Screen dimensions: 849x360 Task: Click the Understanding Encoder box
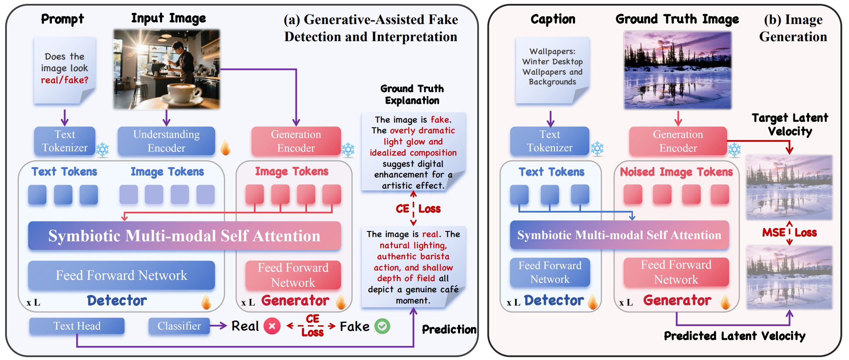pyautogui.click(x=166, y=141)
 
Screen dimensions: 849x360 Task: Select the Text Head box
pyautogui.click(x=77, y=326)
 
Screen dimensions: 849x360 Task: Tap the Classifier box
pyautogui.click(x=179, y=326)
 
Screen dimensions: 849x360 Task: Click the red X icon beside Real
pyautogui.click(x=272, y=326)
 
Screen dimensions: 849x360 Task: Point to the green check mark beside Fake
pyautogui.click(x=382, y=327)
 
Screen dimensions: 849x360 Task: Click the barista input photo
pyautogui.click(x=166, y=69)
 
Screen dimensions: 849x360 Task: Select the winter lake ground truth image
pyautogui.click(x=677, y=70)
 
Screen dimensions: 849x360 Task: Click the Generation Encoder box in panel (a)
pyautogui.click(x=296, y=141)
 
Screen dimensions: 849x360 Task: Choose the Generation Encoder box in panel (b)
pyautogui.click(x=678, y=141)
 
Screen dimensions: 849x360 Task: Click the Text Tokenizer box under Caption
pyautogui.click(x=550, y=141)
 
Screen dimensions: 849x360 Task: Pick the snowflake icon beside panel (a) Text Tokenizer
pyautogui.click(x=102, y=150)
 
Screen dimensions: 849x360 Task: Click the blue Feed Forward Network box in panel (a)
pyautogui.click(x=121, y=275)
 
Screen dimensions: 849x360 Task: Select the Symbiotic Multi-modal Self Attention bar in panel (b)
pyautogui.click(x=619, y=235)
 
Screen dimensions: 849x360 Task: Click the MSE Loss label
pyautogui.click(x=789, y=233)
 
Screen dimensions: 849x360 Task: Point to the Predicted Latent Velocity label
pyautogui.click(x=735, y=336)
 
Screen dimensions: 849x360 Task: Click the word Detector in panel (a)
pyautogui.click(x=117, y=300)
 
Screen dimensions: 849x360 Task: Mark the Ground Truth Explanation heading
pyautogui.click(x=412, y=95)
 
